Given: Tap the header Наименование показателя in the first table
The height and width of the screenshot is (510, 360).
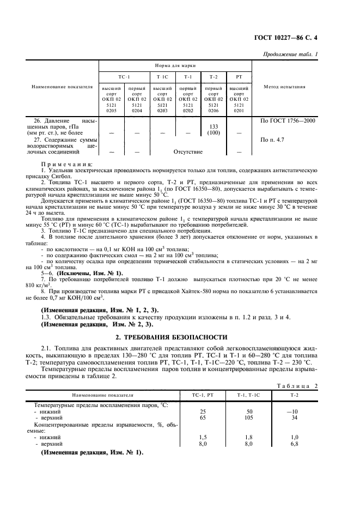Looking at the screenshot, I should [x=61, y=87].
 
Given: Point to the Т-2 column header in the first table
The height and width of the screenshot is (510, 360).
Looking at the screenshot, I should [x=213, y=77].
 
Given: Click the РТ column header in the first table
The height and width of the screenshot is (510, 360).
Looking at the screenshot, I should [x=238, y=77].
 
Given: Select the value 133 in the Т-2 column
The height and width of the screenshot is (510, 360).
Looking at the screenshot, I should [x=213, y=126].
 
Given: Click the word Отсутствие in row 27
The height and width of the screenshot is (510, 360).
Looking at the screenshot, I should [x=188, y=152].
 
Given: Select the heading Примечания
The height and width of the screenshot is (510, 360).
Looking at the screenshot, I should [x=66, y=163].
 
